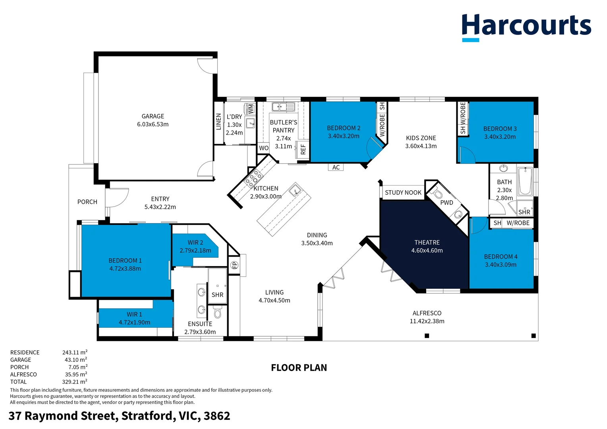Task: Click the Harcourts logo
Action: (526, 27)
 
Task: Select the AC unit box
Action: (336, 167)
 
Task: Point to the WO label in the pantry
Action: (264, 148)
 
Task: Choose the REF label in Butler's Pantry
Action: (303, 149)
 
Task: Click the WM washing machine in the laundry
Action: (250, 109)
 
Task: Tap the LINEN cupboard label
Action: (218, 122)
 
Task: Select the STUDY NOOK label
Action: (403, 192)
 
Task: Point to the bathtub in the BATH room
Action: (525, 181)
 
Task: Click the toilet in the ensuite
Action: (217, 312)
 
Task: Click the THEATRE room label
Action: (427, 242)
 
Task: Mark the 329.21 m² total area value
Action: (75, 382)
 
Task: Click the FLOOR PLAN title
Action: (299, 368)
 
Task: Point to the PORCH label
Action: (87, 202)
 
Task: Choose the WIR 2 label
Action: (195, 242)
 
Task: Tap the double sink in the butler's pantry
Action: (283, 107)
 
